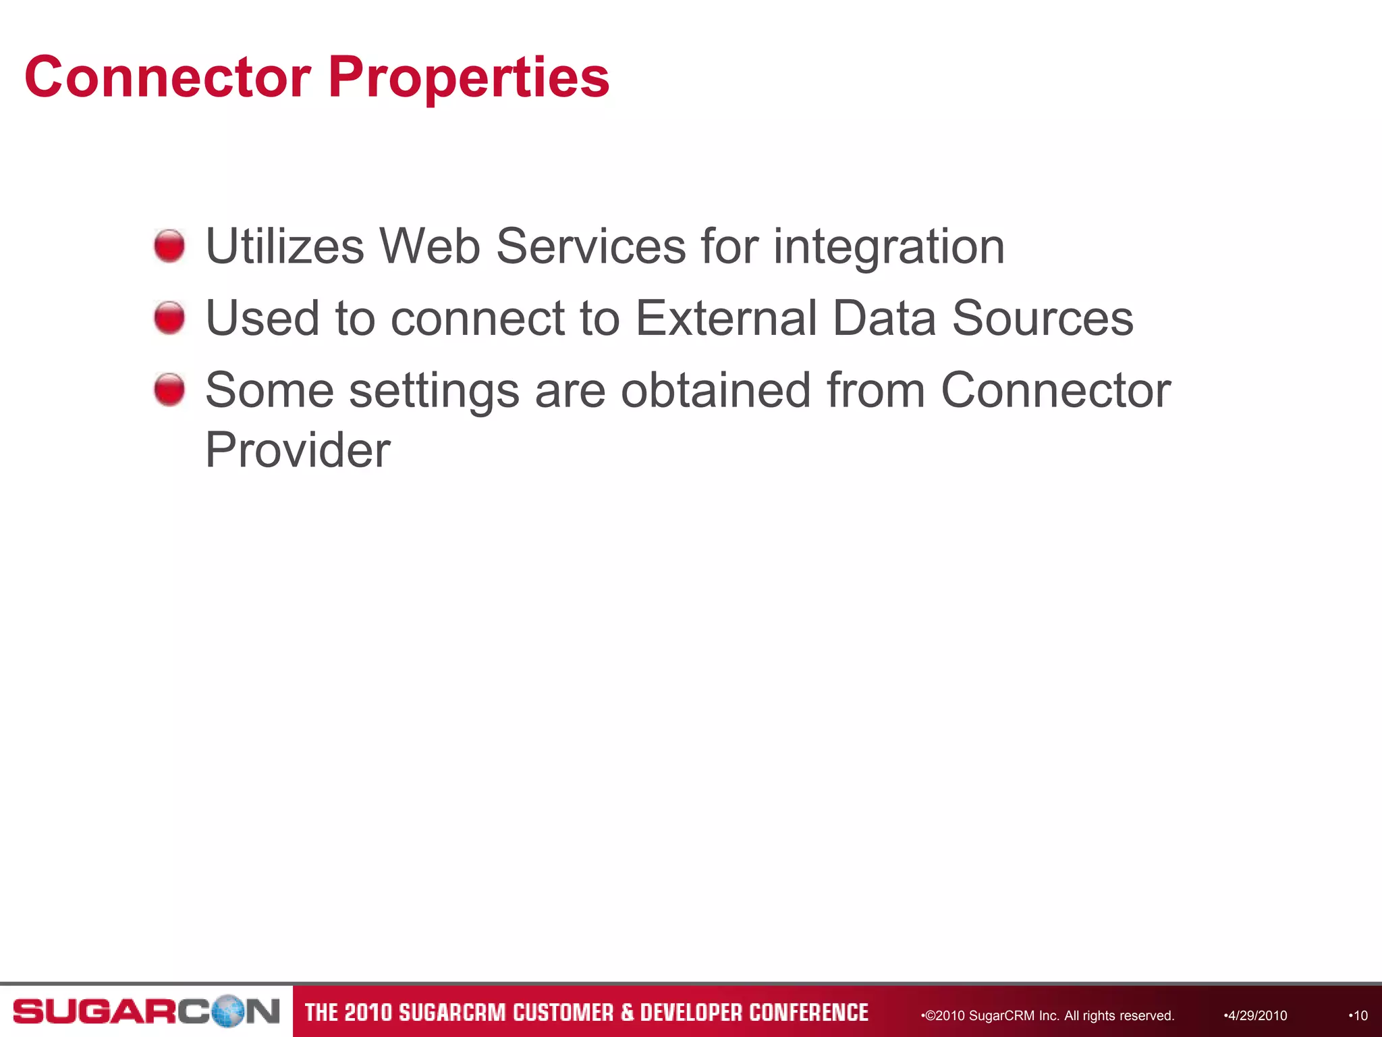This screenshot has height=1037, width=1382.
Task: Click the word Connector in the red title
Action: click(x=167, y=77)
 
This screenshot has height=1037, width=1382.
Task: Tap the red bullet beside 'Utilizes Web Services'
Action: click(x=169, y=246)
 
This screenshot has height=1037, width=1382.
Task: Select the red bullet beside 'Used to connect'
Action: click(x=169, y=317)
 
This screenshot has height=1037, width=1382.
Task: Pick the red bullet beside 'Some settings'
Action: click(x=169, y=390)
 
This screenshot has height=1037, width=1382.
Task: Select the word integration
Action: click(x=889, y=247)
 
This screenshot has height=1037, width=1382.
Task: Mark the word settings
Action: click(x=435, y=392)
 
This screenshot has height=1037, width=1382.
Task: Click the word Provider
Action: click(x=298, y=450)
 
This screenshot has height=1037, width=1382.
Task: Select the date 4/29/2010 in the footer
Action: click(x=1256, y=1015)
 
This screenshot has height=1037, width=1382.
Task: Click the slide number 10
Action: click(x=1359, y=1015)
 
